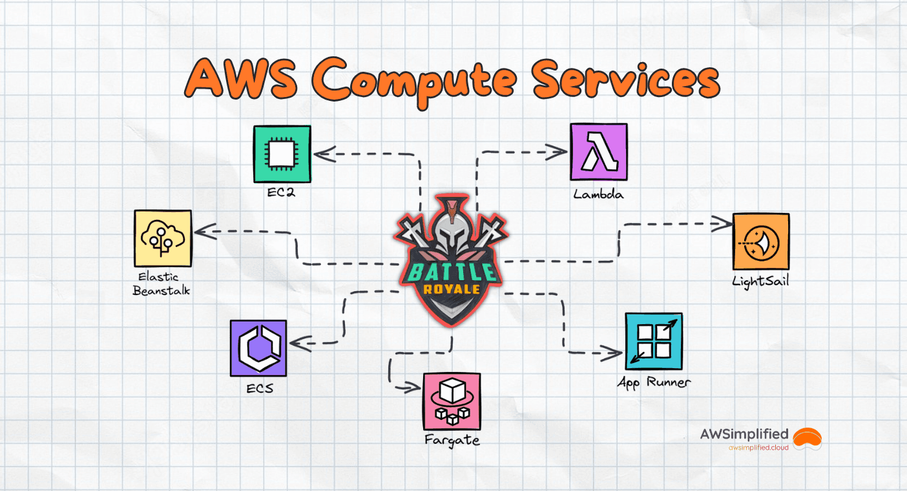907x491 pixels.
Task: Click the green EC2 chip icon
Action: click(x=282, y=153)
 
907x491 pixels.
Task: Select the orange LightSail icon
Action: click(x=760, y=241)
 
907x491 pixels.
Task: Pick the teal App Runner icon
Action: click(x=654, y=341)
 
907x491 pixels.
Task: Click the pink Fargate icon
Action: click(x=452, y=401)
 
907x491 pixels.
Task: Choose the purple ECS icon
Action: click(x=258, y=348)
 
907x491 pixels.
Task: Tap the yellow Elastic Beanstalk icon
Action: click(x=163, y=238)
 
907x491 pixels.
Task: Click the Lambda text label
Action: click(x=598, y=193)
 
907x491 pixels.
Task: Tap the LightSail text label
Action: click(x=760, y=281)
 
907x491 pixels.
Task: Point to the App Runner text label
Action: click(x=654, y=382)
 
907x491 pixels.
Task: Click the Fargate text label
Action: click(x=452, y=440)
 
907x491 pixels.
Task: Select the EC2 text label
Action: click(x=281, y=193)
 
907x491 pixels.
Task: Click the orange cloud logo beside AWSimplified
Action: click(x=807, y=437)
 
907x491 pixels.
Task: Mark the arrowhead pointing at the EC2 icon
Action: click(x=320, y=154)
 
